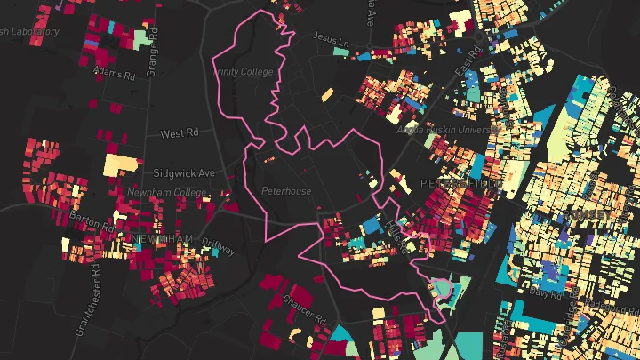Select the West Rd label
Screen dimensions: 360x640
(180, 133)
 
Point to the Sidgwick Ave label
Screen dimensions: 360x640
(184, 172)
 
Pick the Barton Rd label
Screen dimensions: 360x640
(95, 223)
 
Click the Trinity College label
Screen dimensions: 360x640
(242, 71)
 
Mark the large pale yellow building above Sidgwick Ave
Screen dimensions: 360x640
(121, 165)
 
